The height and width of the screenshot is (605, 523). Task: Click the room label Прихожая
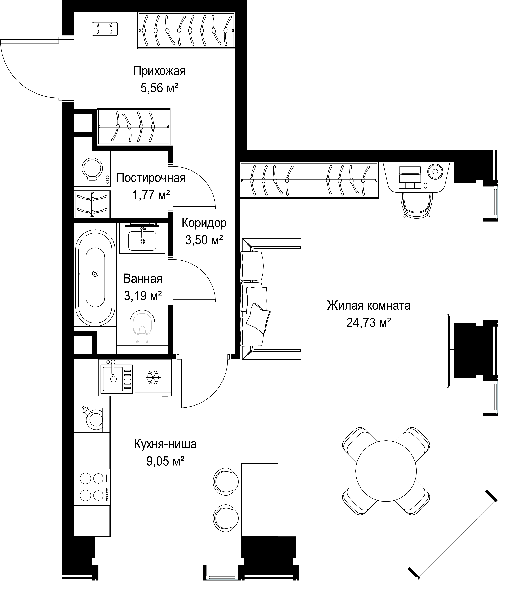click(x=159, y=71)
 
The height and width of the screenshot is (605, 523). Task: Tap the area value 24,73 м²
click(x=369, y=323)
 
